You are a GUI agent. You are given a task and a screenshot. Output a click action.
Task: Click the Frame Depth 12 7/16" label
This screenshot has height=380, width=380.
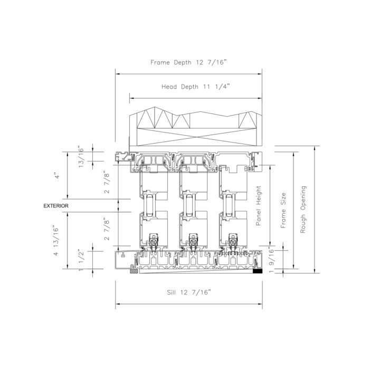pos(188,62)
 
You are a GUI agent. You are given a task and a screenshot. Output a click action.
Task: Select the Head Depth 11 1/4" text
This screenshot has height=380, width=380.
pos(195,87)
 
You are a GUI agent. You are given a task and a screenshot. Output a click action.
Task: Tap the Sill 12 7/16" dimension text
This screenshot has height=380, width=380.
pos(189,292)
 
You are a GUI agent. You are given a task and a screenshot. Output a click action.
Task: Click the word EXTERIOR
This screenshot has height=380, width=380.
pos(56,206)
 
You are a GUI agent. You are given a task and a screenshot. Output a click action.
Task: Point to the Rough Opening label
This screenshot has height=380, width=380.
pos(303,210)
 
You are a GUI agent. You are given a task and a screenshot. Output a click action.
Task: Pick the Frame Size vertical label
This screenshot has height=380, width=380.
pos(283,211)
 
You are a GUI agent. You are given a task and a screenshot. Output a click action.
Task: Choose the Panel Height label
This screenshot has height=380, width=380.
pos(259,206)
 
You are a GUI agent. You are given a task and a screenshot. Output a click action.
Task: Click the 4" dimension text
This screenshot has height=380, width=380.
pos(57,175)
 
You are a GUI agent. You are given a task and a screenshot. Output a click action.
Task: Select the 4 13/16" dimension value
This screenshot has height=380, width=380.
pos(56,241)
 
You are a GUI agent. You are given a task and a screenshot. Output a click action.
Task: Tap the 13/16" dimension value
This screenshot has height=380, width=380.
pos(81,157)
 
